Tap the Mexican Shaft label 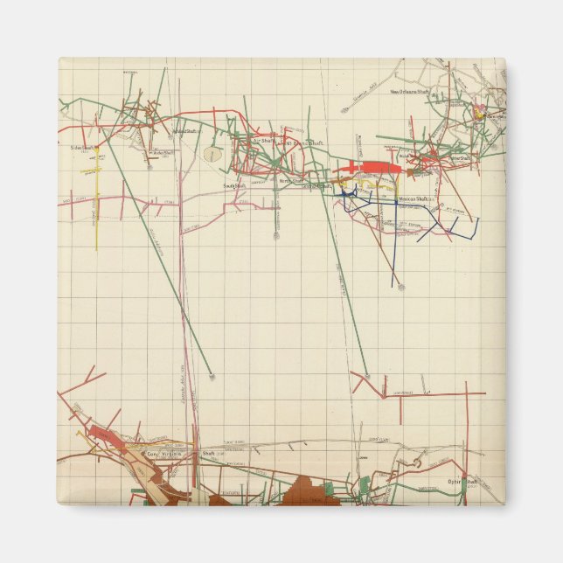(x=410, y=200)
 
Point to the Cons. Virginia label (x=164, y=455)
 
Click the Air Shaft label (x=263, y=139)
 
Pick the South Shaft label (x=233, y=185)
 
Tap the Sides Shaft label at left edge (x=82, y=149)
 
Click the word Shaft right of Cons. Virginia (x=208, y=455)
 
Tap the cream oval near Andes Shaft (x=212, y=155)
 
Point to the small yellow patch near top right (x=479, y=114)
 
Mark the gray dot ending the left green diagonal (x=212, y=377)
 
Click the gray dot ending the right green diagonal (x=366, y=377)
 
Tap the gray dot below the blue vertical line (x=400, y=286)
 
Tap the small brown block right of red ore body (x=409, y=173)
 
